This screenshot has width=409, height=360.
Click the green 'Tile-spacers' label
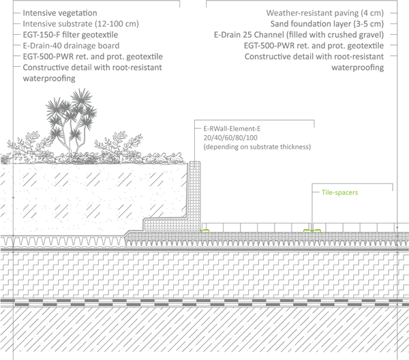[x=339, y=192]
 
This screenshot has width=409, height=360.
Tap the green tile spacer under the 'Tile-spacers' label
[x=313, y=230]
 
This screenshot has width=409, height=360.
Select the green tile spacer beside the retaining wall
[x=204, y=230]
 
